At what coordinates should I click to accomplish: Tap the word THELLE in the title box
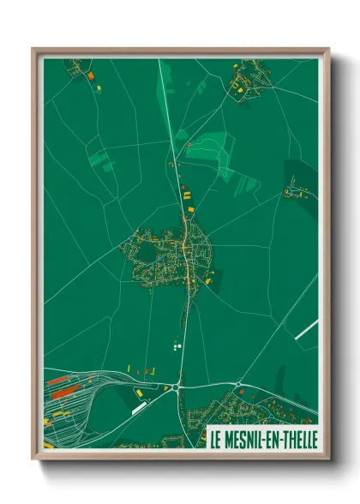pos(297,437)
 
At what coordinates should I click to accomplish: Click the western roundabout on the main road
pos(177,387)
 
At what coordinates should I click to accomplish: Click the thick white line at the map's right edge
pos(307,329)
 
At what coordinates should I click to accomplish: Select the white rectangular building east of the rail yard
pos(139,408)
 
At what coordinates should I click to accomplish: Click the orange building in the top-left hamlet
pos(89,75)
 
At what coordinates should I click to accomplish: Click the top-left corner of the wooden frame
pos(34,50)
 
